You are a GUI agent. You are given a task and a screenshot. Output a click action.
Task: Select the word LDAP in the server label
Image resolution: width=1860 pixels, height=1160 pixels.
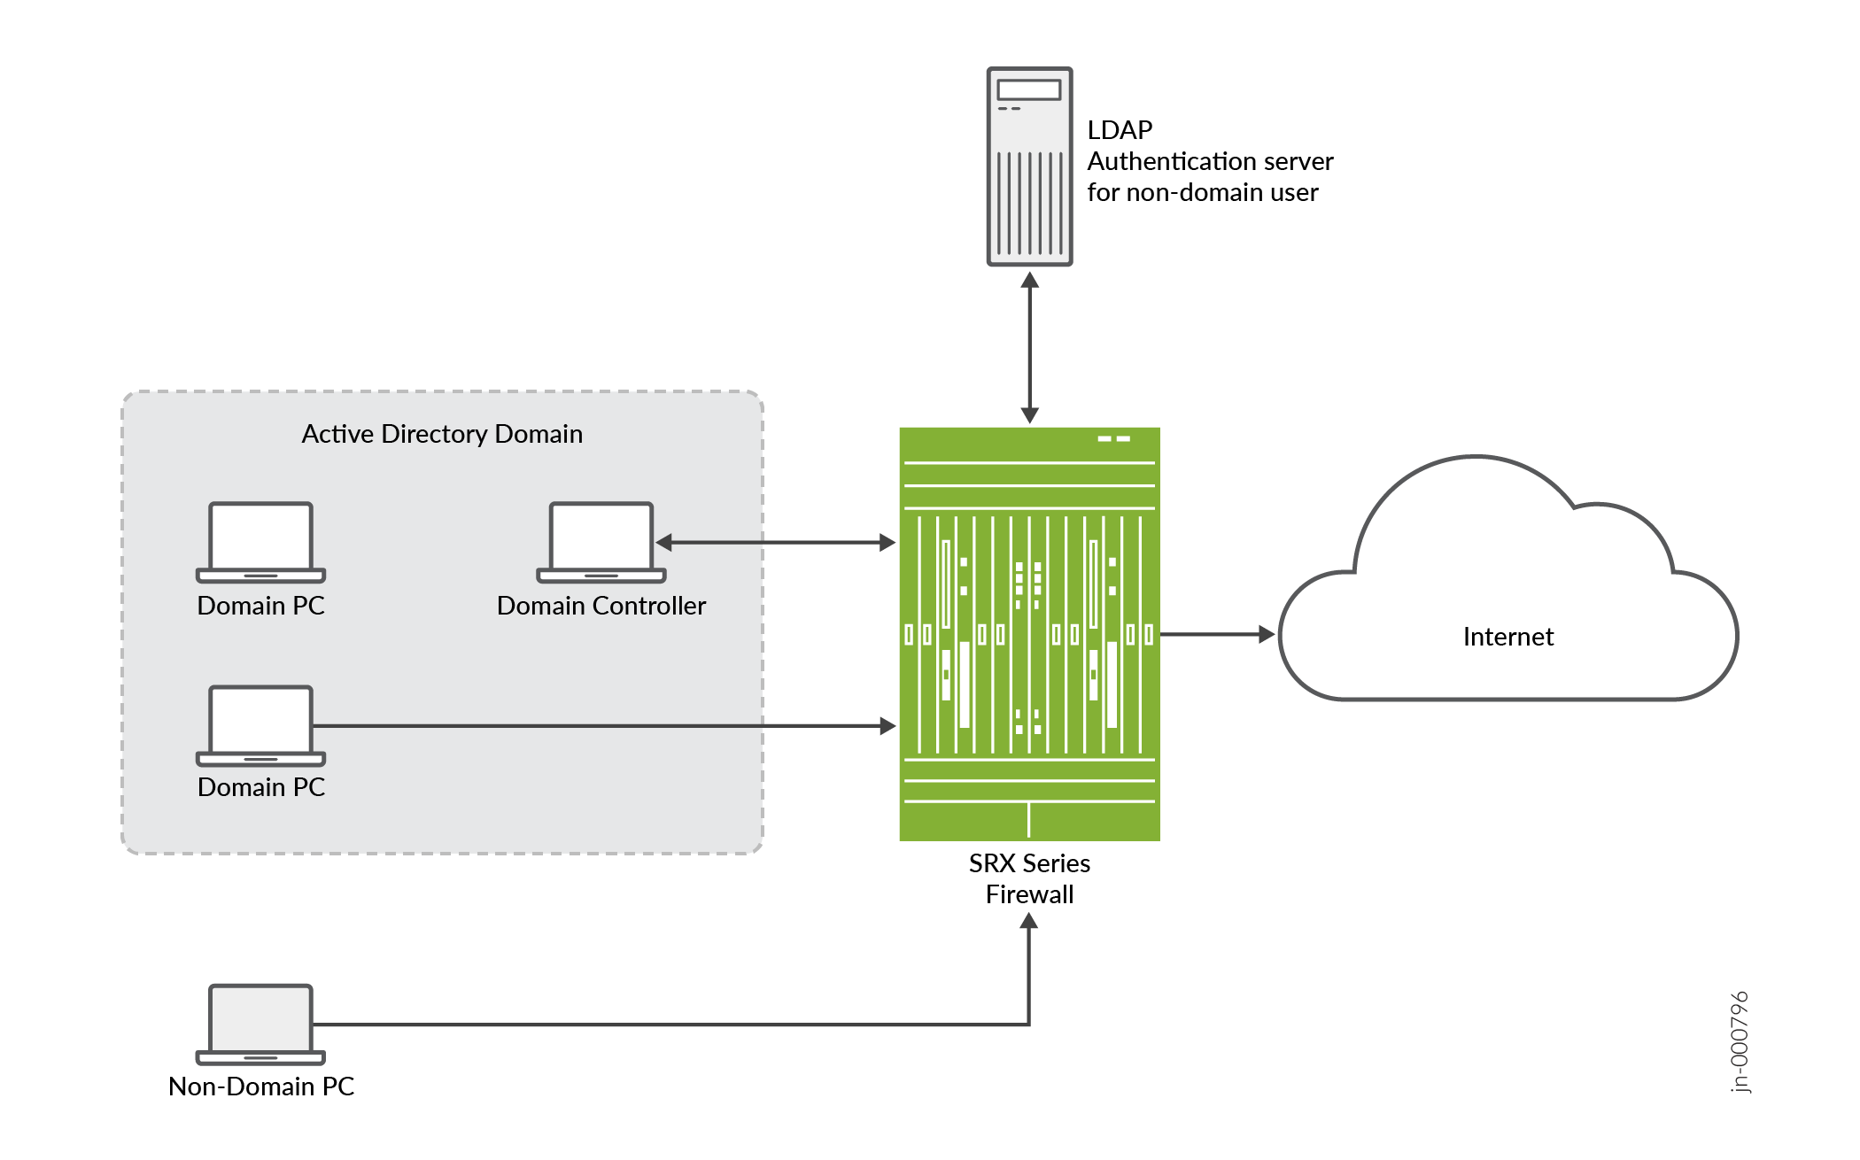[x=1120, y=130]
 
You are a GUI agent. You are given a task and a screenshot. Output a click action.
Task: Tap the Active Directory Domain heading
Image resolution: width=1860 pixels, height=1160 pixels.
[x=442, y=434]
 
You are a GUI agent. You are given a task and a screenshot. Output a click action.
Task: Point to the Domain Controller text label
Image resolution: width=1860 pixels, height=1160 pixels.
[x=601, y=606]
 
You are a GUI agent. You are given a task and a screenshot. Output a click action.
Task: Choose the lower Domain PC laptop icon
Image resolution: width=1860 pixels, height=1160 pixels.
[x=260, y=725]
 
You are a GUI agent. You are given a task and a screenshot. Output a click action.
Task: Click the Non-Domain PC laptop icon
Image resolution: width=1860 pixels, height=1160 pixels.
[x=260, y=1024]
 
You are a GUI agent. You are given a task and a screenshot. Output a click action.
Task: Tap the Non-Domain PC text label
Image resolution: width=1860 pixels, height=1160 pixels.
[x=261, y=1087]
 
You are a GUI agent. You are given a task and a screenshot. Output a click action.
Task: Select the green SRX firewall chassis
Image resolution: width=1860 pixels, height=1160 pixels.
[x=1029, y=634]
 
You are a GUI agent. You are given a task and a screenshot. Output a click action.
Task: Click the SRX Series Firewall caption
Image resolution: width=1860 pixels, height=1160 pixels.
[x=1029, y=878]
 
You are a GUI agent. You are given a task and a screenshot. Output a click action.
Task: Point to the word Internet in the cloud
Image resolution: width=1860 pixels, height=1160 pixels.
[x=1507, y=637]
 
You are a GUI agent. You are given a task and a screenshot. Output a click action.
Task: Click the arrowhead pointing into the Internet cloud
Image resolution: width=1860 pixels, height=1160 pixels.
[x=1267, y=634]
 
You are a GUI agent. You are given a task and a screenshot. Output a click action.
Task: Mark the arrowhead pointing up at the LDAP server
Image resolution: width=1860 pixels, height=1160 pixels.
[x=1029, y=281]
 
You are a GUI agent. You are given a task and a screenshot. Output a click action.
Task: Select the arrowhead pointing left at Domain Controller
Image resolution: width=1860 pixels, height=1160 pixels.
[x=664, y=543]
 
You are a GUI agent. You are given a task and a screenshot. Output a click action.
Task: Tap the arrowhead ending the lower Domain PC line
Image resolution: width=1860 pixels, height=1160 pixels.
[x=887, y=726]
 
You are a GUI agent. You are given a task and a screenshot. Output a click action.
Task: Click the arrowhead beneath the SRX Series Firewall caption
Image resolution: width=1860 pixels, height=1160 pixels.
[x=1028, y=921]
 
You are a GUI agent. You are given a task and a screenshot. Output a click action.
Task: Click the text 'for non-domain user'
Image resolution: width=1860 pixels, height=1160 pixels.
[x=1202, y=192]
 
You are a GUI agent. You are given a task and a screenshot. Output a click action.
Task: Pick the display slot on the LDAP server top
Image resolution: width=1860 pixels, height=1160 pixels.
[x=1028, y=89]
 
